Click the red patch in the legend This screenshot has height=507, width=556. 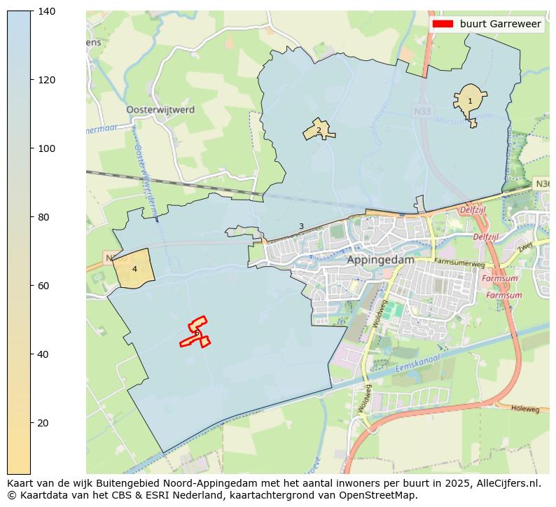pos(443,24)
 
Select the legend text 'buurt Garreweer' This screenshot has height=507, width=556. pos(500,24)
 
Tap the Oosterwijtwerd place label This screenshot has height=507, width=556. pos(160,110)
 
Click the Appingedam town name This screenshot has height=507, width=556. pos(380,259)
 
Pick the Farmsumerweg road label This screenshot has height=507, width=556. pos(459,262)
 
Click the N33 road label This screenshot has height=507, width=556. pos(422,111)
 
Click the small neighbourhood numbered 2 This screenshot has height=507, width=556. pos(319,130)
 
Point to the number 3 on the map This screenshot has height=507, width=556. pos(301,226)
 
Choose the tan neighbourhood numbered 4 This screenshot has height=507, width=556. pos(134,269)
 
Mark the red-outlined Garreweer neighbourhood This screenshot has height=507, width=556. pos(197,332)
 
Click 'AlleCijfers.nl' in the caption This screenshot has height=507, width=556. pos(510,483)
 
